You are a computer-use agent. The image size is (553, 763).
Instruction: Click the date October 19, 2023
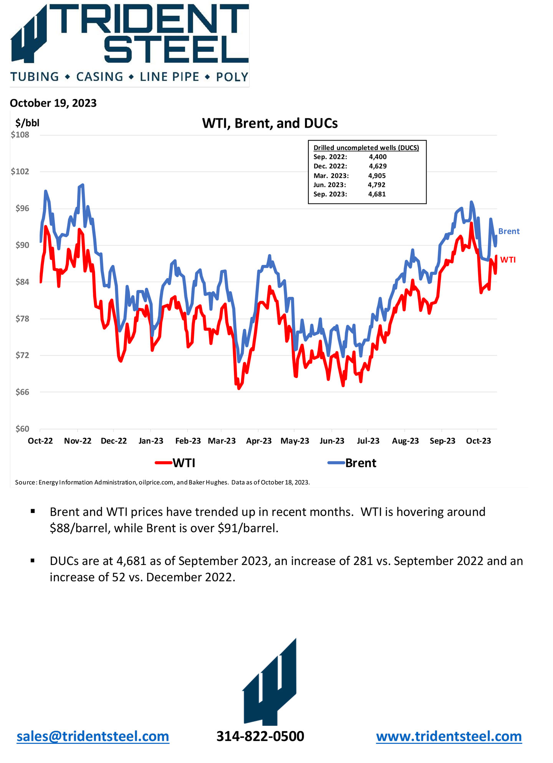click(x=53, y=103)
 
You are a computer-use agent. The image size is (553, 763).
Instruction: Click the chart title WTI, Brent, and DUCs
click(x=270, y=123)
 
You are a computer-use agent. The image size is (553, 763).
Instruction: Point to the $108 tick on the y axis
click(x=20, y=135)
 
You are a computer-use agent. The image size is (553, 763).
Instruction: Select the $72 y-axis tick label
click(x=22, y=355)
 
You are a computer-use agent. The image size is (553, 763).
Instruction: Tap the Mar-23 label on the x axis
click(x=222, y=441)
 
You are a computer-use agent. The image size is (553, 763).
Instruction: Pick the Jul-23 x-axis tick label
click(x=368, y=441)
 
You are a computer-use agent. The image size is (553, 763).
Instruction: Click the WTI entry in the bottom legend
click(x=176, y=463)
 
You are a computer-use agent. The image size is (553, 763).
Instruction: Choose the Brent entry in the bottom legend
click(x=353, y=463)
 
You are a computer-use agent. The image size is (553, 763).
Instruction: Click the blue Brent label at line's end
click(x=509, y=231)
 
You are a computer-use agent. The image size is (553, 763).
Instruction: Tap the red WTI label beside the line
click(x=508, y=260)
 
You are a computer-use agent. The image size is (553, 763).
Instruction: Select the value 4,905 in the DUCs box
click(x=377, y=176)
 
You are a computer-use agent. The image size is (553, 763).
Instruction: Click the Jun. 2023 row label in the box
click(x=329, y=185)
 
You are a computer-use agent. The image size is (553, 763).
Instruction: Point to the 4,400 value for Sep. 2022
click(x=377, y=157)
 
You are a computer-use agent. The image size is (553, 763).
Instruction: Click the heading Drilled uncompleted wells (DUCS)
click(x=366, y=148)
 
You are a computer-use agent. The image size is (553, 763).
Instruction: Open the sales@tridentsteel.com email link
click(x=93, y=736)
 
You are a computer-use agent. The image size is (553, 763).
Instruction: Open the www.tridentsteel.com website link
click(x=449, y=736)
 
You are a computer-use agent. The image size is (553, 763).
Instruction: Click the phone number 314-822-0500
click(x=260, y=736)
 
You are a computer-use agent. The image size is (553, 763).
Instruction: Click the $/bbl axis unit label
click(x=27, y=123)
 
